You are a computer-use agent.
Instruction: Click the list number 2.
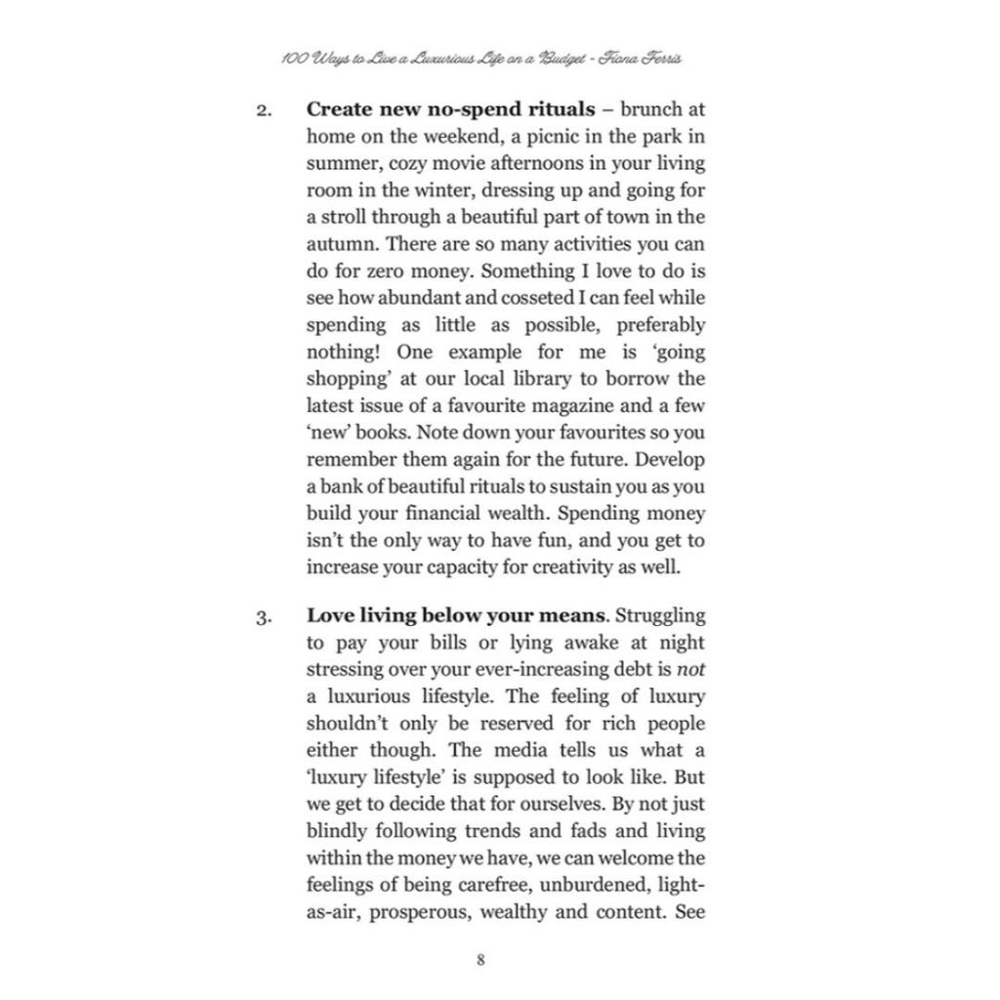264,110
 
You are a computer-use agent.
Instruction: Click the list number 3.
264,618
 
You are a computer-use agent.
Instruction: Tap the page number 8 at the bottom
480,958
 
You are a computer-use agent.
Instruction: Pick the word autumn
339,244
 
